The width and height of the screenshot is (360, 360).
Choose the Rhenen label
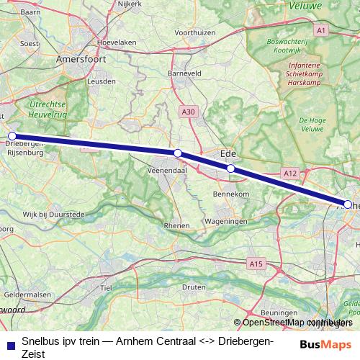click(177, 225)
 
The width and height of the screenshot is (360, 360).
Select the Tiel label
click(107, 287)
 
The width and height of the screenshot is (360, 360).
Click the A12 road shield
click(290, 173)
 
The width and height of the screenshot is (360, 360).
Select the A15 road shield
click(254, 263)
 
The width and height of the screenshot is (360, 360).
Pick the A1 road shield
click(321, 30)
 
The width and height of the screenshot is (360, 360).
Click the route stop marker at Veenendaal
click(178, 153)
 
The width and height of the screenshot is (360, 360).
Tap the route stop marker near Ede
click(230, 168)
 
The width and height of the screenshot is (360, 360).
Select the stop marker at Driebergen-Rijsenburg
click(12, 135)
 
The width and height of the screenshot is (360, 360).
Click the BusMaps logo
click(325, 344)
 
